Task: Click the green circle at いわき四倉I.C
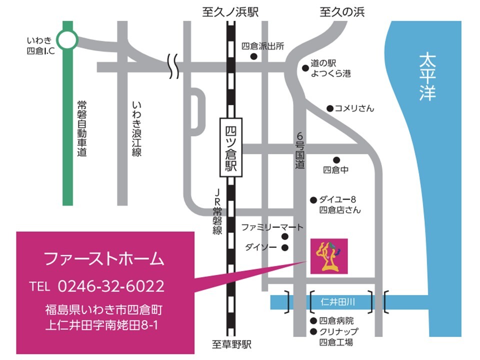point(67,39)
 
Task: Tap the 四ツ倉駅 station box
point(231,147)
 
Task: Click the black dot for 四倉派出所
point(254,57)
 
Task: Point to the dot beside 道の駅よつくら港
point(305,68)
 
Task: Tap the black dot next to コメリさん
point(330,108)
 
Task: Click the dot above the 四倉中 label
point(336,160)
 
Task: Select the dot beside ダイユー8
point(313,200)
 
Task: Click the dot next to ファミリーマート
point(285,236)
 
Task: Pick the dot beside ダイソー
point(285,247)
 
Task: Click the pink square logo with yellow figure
point(329,256)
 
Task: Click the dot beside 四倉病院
point(313,321)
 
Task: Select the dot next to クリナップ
point(313,331)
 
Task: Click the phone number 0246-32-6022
point(111,286)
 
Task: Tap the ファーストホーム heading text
point(104,259)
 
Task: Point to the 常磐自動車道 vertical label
point(82,128)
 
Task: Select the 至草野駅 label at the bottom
point(231,345)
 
